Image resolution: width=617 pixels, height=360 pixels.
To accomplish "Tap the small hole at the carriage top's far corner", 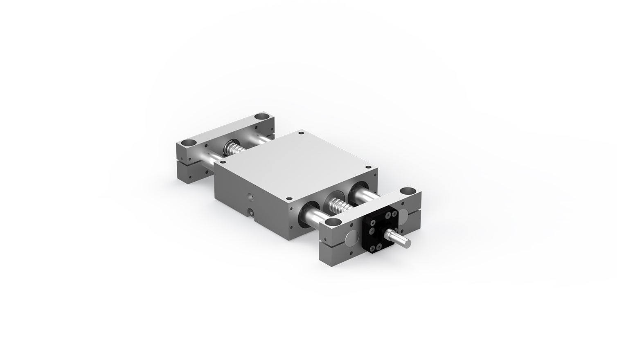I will click(302, 133).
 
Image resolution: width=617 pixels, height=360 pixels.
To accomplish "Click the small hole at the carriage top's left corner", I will click(223, 162).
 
